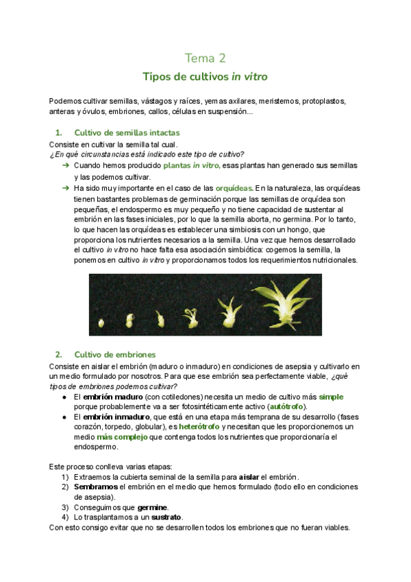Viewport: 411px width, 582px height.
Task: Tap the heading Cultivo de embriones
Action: [114, 354]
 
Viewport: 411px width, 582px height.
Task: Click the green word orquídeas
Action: [234, 187]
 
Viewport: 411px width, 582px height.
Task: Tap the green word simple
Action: [331, 397]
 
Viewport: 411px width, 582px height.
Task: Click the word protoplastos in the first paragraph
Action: [325, 101]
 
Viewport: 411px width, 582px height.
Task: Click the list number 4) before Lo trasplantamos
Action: [65, 517]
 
